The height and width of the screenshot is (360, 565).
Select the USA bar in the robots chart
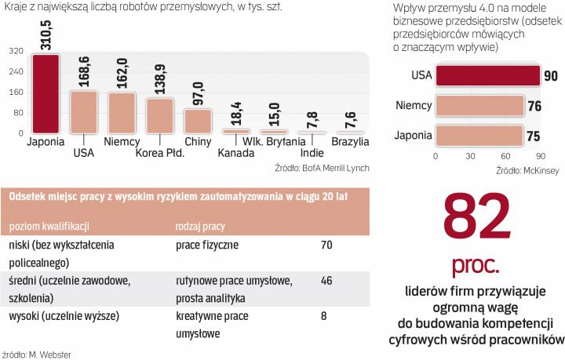pyautogui.click(x=84, y=114)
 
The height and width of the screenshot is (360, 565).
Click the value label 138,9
pyautogui.click(x=160, y=78)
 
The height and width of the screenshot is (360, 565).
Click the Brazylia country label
pyautogui.click(x=352, y=142)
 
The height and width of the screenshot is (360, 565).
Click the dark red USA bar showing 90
pyautogui.click(x=487, y=75)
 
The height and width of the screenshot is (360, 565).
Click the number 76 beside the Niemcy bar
pyautogui.click(x=534, y=105)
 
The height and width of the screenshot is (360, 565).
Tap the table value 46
pyautogui.click(x=326, y=279)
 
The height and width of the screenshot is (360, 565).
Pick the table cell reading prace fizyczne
pyautogui.click(x=208, y=245)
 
